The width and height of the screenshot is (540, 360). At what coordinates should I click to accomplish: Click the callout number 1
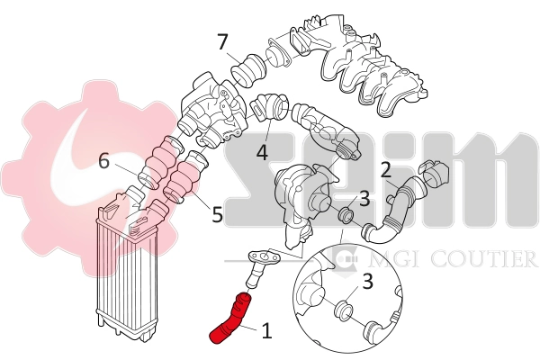tap(265, 331)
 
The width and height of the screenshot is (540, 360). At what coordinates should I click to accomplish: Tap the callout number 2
tap(385, 168)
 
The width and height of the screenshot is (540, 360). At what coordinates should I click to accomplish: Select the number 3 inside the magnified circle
tap(367, 281)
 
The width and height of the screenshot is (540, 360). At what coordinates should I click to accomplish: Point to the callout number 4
tap(262, 153)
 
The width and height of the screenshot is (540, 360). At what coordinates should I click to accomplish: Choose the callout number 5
tap(216, 215)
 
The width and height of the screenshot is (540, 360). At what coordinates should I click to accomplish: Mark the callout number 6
tap(104, 161)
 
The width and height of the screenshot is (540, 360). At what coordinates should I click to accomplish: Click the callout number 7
tap(221, 41)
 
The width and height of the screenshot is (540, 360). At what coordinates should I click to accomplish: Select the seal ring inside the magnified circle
tap(343, 312)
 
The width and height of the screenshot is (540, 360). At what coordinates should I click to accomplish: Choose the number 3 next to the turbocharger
tap(364, 198)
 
